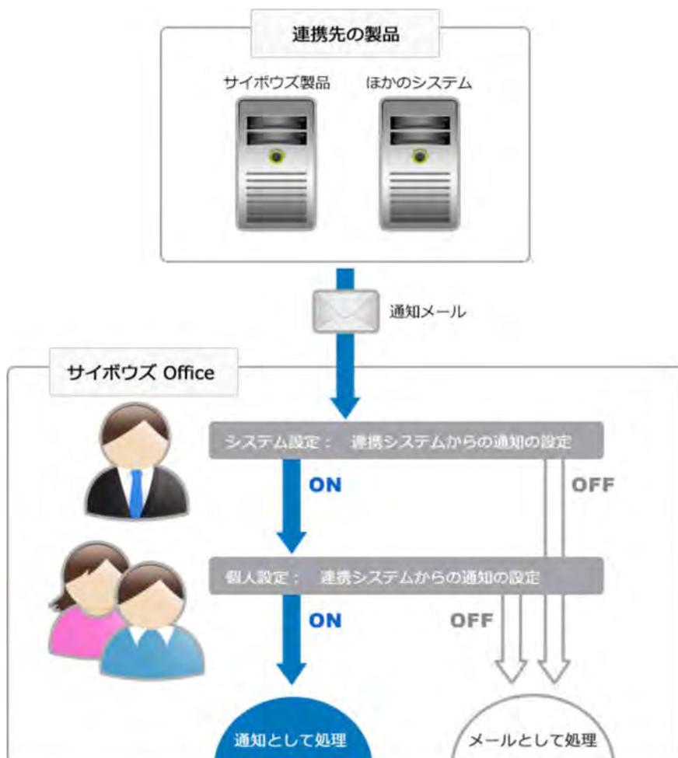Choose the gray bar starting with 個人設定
[x=406, y=577]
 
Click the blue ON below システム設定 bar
[x=325, y=486]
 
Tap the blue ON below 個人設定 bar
[x=325, y=621]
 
